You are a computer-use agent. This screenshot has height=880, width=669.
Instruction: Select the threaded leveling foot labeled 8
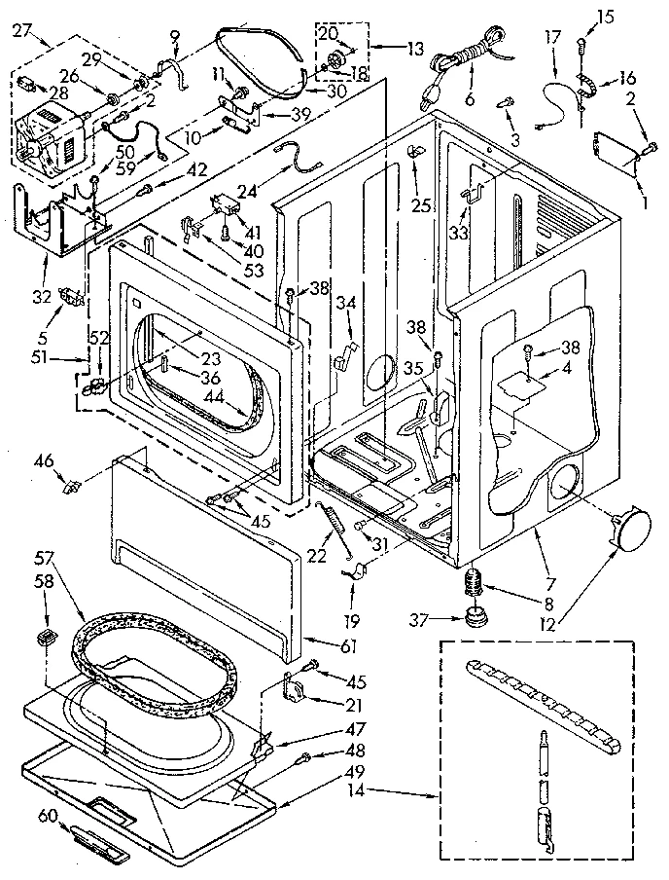point(474,583)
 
